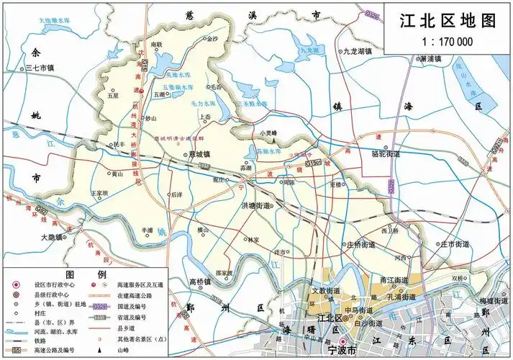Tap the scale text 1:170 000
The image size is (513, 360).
[x=448, y=41]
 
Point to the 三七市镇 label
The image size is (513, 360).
[x=43, y=68]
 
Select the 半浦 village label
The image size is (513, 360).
[x=148, y=230]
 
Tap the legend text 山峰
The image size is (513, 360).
[x=122, y=349]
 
